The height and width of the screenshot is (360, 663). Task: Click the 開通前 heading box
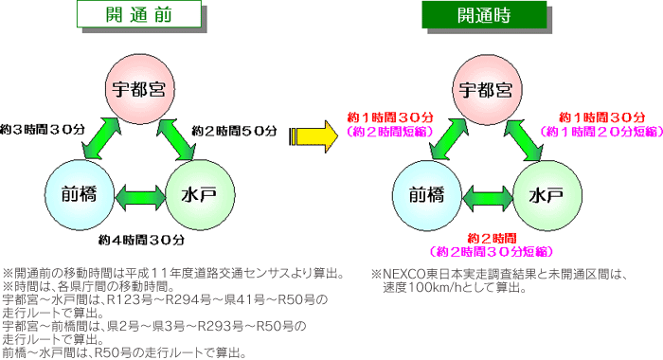pyautogui.click(x=140, y=15)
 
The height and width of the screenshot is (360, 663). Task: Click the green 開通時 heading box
pyautogui.click(x=487, y=15)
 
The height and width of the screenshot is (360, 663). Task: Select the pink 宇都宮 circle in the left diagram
pyautogui.click(x=137, y=90)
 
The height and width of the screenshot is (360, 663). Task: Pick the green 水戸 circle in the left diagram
pyautogui.click(x=200, y=196)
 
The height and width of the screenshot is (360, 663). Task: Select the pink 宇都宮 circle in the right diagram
pyautogui.click(x=486, y=90)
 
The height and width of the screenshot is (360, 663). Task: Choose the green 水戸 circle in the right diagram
pyautogui.click(x=547, y=196)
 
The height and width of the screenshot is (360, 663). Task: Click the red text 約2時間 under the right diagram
pyautogui.click(x=489, y=239)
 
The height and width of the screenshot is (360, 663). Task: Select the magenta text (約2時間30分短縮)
pyautogui.click(x=489, y=253)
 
